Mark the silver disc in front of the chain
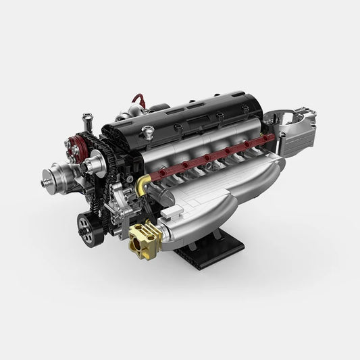tap(99, 163)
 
